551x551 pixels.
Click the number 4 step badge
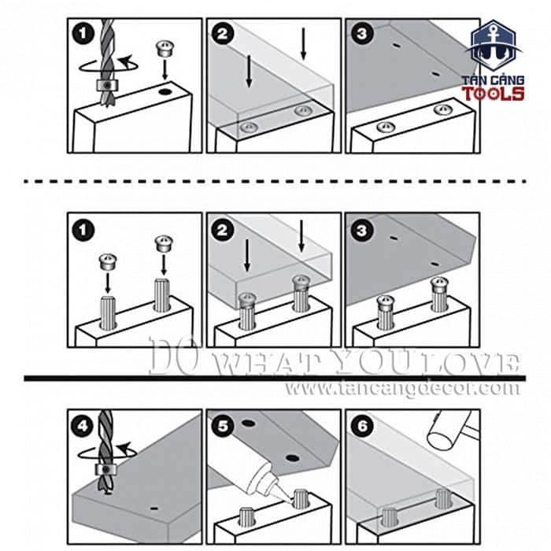(x=83, y=426)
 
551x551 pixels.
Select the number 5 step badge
(x=223, y=426)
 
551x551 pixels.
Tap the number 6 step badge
(x=362, y=426)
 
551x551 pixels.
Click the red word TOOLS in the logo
(x=493, y=94)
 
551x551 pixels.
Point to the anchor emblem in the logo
(x=493, y=46)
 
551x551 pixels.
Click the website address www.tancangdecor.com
(x=402, y=389)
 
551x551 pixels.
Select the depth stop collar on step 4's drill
(x=105, y=470)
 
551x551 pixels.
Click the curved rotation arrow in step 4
(x=105, y=453)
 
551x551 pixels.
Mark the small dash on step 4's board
(x=153, y=508)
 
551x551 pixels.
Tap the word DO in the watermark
(x=173, y=356)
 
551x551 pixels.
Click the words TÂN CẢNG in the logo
(x=493, y=80)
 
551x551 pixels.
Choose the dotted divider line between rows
(x=275, y=181)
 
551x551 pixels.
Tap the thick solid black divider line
(x=275, y=378)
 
